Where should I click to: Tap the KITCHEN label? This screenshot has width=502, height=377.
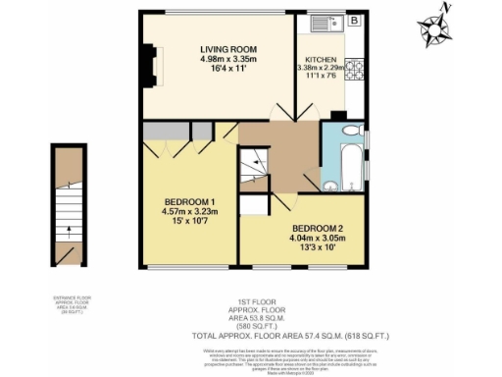coord(321,59)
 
